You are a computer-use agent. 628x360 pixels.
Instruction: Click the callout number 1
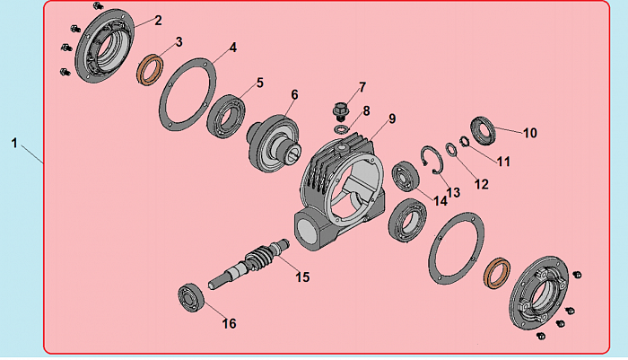pos(14,143)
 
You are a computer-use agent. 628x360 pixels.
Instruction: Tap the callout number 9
pos(392,119)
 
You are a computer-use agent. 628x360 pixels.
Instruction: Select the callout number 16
pos(230,323)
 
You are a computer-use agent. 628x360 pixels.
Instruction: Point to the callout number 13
pos(453,192)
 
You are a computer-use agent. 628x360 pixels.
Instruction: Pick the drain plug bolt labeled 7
pos(341,111)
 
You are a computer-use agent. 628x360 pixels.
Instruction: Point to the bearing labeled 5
pos(226,116)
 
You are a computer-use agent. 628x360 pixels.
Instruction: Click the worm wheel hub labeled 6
pos(273,144)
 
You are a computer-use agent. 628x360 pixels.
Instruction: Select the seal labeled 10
pos(483,131)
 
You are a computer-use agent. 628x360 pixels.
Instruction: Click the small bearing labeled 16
pos(191,298)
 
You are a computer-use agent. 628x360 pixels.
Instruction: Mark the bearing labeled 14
pos(406,176)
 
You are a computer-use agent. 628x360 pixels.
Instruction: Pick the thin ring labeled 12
pos(451,150)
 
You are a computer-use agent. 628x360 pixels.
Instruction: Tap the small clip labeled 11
pos(464,142)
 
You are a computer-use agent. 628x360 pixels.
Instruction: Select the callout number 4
pos(233,48)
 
